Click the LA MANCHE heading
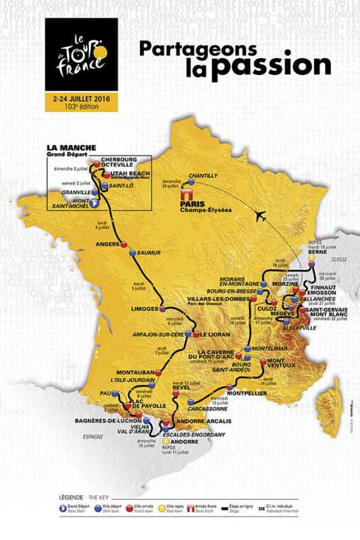click(71, 146)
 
